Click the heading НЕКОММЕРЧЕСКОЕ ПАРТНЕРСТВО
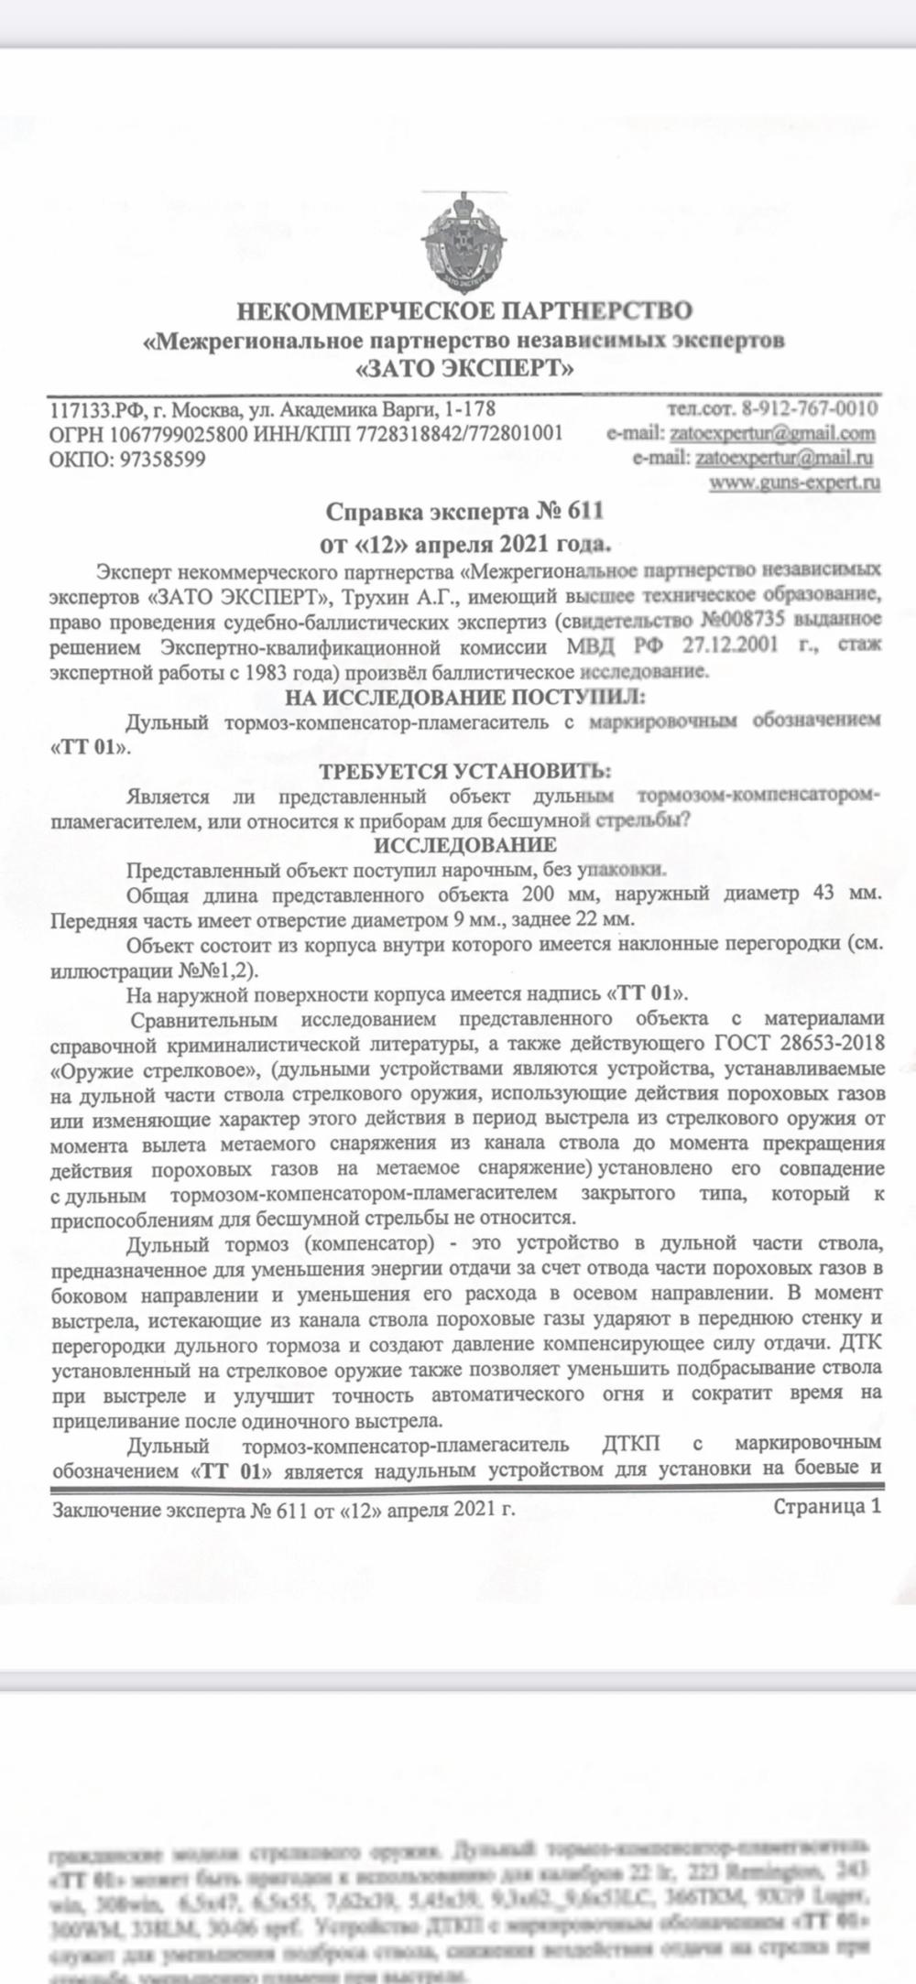464,311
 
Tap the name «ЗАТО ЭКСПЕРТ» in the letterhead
464,369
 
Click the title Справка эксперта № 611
465,510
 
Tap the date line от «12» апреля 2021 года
464,546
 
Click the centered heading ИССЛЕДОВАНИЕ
464,843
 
